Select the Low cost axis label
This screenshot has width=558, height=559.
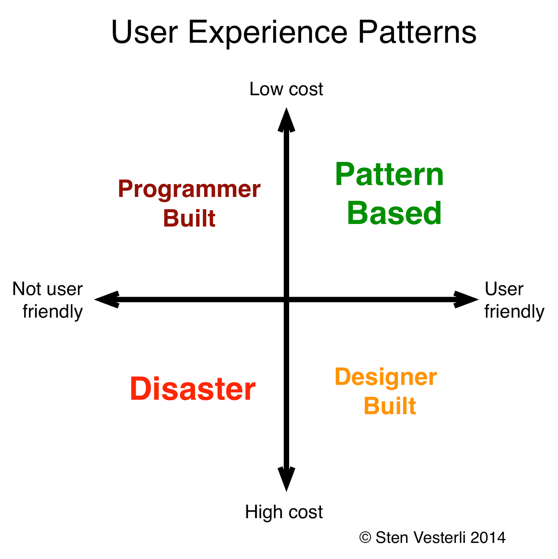click(x=286, y=89)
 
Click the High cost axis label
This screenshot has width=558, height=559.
click(x=284, y=512)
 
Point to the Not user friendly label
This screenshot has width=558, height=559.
click(x=48, y=300)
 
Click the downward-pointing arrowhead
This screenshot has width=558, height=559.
click(x=286, y=479)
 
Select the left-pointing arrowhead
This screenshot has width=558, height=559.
click(x=107, y=299)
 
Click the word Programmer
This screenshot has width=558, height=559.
click(x=189, y=190)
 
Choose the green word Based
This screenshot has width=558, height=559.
click(x=394, y=213)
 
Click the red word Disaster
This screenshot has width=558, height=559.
click(x=193, y=389)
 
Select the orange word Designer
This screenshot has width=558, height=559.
click(x=386, y=377)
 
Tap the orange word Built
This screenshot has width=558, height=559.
click(x=389, y=406)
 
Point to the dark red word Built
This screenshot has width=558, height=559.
click(x=189, y=219)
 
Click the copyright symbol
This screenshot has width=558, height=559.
click(x=365, y=537)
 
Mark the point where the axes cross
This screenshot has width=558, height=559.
click(x=286, y=299)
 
